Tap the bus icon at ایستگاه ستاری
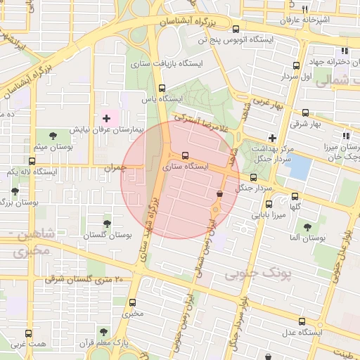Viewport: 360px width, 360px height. [x=185, y=155]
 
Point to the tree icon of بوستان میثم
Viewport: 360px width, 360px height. [x=55, y=134]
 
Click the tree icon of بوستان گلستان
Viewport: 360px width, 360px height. [x=107, y=224]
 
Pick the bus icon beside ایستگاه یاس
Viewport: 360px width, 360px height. [x=162, y=89]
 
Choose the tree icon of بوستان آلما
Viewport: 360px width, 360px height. [x=307, y=227]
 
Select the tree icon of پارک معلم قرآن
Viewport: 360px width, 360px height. [x=103, y=330]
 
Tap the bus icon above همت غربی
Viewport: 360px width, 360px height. [x=29, y=333]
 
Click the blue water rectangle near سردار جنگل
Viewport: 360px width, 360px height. [x=300, y=167]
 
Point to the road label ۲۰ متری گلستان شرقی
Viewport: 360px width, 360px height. [x=84, y=280]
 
